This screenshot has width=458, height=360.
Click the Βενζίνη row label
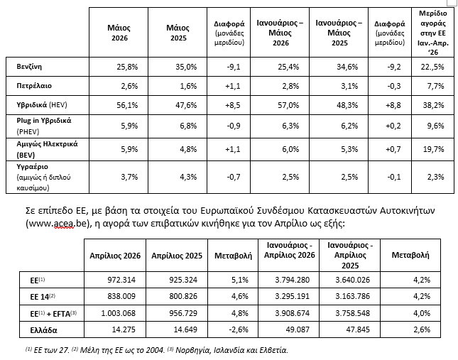(29, 67)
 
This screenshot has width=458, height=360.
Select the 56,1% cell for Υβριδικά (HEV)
(127, 105)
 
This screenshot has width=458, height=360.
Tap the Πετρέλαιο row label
(34, 86)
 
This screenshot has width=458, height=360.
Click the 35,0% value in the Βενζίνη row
(186, 67)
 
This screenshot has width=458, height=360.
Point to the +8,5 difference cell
(233, 105)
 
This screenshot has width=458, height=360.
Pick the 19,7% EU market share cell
(433, 150)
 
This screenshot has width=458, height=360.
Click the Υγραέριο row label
(43, 177)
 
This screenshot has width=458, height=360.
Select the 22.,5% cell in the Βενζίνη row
(432, 67)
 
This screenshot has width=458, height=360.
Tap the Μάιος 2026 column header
(119, 33)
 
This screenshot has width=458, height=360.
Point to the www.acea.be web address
(58, 224)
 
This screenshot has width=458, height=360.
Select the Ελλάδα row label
(43, 330)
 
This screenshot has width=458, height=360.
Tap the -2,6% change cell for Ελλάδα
(239, 329)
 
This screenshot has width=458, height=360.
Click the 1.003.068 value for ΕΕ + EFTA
(119, 313)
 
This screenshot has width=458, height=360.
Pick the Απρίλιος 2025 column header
(177, 256)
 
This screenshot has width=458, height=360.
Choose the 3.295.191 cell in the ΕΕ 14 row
(292, 296)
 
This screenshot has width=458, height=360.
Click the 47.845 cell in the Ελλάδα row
(356, 329)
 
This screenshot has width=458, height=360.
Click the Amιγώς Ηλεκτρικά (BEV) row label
(47, 149)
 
